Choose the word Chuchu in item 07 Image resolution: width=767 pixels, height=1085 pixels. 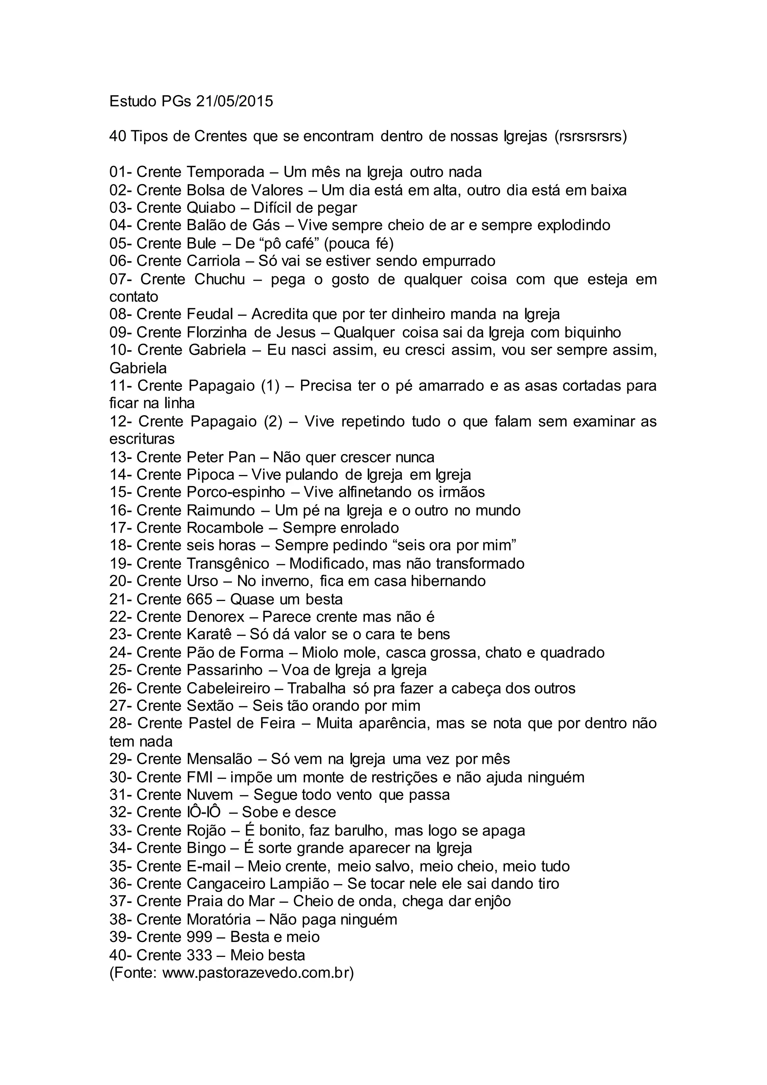(219, 279)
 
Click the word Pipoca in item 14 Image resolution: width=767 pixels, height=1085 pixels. (210, 474)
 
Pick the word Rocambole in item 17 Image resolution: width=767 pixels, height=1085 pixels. (225, 528)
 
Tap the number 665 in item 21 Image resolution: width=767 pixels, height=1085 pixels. (199, 599)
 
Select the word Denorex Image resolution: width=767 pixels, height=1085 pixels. (215, 617)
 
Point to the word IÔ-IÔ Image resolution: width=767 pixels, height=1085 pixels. (201, 812)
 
